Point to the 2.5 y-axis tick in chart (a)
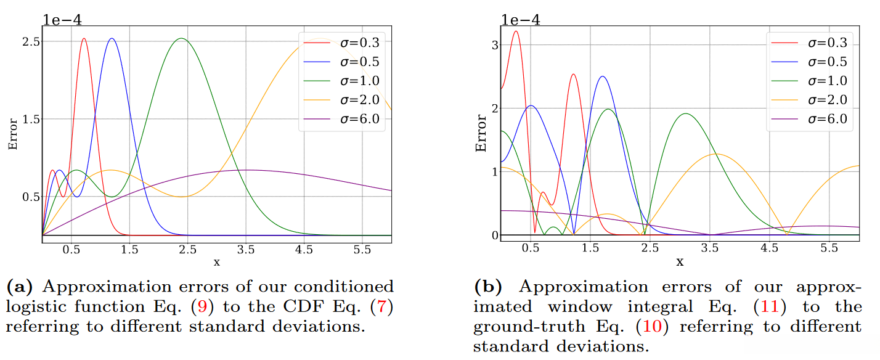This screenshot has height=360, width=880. pos(31,41)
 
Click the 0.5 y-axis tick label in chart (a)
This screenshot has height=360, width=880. pos(31,197)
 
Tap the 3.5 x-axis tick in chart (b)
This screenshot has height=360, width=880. pos(711,248)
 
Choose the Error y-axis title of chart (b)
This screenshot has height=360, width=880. pos(481,134)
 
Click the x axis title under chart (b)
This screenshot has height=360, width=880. pos(680,261)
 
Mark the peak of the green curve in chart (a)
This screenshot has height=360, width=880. pos(181,39)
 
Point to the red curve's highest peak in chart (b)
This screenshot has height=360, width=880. pos(516,31)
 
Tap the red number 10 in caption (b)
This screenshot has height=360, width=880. pos(653,327)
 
